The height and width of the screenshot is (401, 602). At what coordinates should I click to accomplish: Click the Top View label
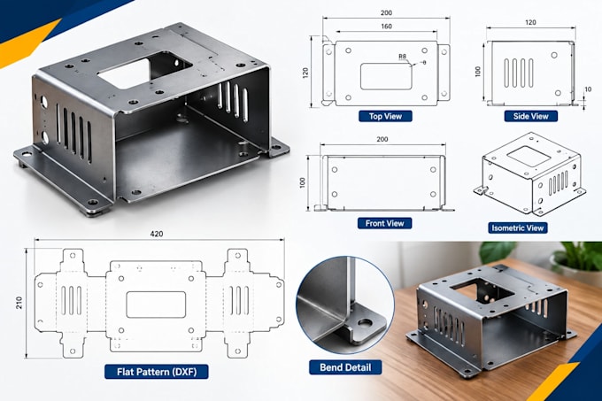(x=385, y=116)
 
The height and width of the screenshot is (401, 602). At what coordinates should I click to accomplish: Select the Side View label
(x=530, y=116)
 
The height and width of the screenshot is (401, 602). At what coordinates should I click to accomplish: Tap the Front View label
(x=385, y=223)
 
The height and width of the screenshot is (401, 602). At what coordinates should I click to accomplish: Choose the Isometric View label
(x=518, y=227)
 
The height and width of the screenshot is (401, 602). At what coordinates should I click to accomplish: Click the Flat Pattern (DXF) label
(x=157, y=372)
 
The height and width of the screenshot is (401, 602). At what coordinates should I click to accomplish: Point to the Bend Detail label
(x=345, y=367)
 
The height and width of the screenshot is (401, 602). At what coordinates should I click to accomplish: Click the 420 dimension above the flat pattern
(x=157, y=234)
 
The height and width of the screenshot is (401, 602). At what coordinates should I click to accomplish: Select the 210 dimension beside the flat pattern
(x=19, y=303)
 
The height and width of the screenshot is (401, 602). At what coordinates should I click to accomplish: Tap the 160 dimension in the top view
(x=386, y=27)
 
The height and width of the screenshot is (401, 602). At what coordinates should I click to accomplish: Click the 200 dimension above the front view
(x=382, y=139)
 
